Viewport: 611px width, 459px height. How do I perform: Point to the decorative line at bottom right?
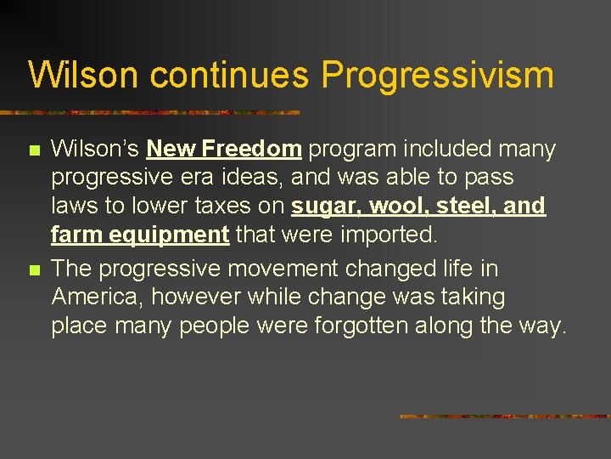coord(504,416)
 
